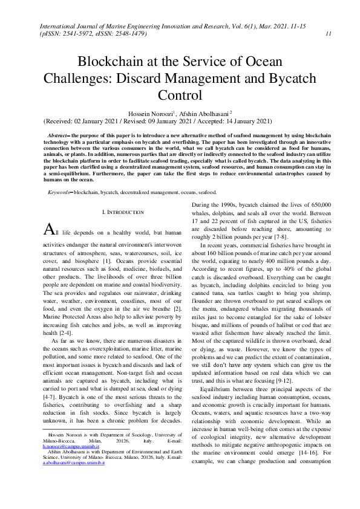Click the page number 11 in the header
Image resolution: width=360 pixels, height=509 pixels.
point(327,34)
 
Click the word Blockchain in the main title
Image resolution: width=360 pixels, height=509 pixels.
point(111,62)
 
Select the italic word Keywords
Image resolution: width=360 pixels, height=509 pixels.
point(59,175)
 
